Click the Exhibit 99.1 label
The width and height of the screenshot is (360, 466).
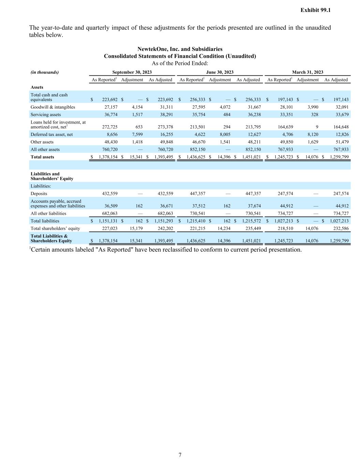point(315,10)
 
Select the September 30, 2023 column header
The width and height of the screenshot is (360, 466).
point(132,72)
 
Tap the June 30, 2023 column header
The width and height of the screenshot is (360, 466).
point(220,72)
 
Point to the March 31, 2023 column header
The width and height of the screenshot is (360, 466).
point(307,72)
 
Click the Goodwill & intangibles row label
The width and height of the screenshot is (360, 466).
point(53,107)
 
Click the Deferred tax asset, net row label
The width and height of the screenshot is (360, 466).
point(52,135)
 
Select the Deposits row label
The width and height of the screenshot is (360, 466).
point(39,194)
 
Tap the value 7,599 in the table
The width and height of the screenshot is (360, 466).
point(137,135)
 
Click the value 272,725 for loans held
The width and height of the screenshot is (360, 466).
point(110,127)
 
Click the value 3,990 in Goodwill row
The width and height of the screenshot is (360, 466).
point(313,107)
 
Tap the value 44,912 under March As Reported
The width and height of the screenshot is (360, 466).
point(286,206)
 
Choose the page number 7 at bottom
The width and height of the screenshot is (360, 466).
point(180,455)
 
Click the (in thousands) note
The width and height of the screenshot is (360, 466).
point(45,72)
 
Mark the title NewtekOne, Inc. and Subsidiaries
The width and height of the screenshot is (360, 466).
point(180,49)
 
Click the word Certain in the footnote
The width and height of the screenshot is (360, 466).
point(41,250)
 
